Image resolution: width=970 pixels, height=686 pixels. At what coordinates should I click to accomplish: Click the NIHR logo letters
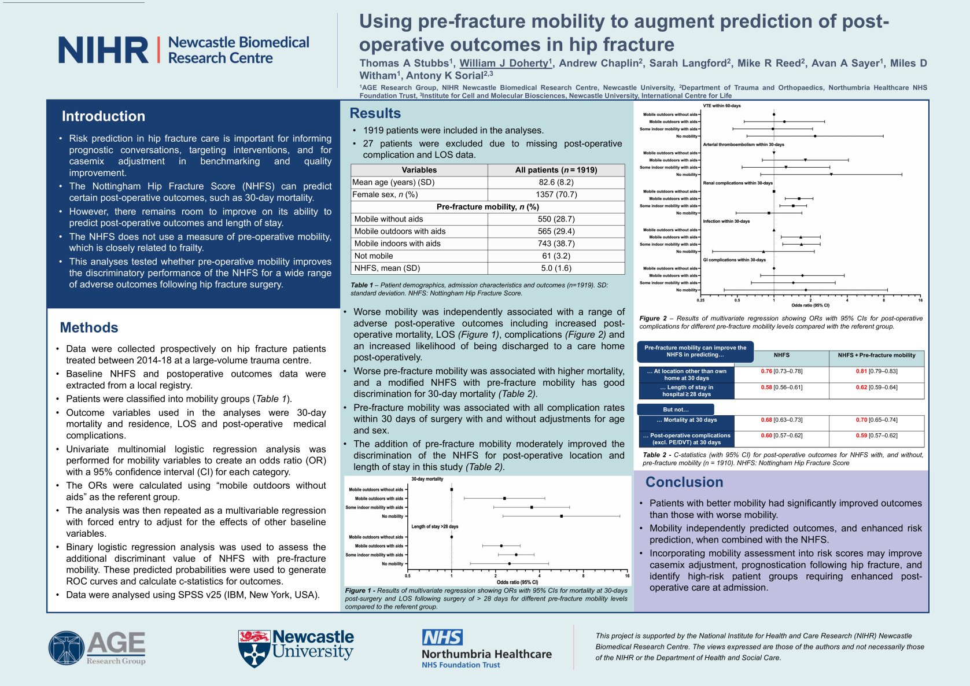tap(103, 50)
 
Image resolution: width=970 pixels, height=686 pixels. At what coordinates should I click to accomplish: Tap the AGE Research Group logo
tap(97, 648)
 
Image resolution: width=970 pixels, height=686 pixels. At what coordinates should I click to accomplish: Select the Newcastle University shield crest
tap(254, 648)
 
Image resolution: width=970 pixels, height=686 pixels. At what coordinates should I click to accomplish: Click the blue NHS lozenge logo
tap(442, 637)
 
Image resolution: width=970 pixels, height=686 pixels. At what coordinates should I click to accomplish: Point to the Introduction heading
tap(104, 116)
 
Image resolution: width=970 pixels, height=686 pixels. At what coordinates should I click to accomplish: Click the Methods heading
tap(89, 328)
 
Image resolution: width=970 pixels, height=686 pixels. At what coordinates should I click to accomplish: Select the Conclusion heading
tap(684, 482)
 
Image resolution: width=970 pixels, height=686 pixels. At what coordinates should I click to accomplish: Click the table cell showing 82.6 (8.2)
tap(556, 182)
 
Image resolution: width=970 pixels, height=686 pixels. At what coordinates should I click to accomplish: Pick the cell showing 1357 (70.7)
tap(556, 194)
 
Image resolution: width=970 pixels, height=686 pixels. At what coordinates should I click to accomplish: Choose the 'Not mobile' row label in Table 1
tap(374, 256)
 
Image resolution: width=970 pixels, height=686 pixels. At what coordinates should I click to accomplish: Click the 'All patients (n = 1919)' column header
tap(556, 170)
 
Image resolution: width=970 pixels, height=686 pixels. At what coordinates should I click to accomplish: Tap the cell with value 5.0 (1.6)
tap(556, 268)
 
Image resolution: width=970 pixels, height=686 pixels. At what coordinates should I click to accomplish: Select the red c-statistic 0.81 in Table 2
tap(861, 371)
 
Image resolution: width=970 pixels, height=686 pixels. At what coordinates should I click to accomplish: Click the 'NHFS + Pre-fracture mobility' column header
tap(876, 355)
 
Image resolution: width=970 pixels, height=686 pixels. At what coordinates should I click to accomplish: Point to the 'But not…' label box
tap(676, 410)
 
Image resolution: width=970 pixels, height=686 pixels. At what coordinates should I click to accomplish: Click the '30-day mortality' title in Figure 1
tap(427, 479)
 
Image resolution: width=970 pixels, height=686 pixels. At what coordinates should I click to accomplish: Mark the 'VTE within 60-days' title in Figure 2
tap(721, 106)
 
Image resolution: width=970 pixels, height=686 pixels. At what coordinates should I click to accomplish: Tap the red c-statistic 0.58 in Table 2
tap(766, 388)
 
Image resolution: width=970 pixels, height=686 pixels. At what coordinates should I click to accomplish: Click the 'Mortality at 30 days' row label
tap(687, 420)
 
